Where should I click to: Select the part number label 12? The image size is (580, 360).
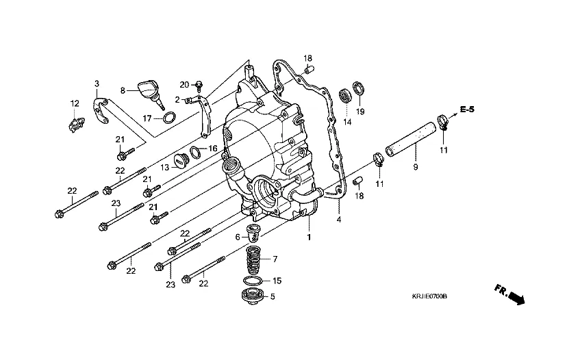74,103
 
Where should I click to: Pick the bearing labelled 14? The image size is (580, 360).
347,97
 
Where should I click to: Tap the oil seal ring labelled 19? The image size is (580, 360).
357,88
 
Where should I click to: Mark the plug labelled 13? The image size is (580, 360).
181,161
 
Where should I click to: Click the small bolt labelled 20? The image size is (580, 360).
199,85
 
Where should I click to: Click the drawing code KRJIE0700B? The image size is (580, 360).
429,297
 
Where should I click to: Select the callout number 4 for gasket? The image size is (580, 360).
338,220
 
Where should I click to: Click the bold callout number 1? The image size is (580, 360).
309,237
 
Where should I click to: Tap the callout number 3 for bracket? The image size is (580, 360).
97,83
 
